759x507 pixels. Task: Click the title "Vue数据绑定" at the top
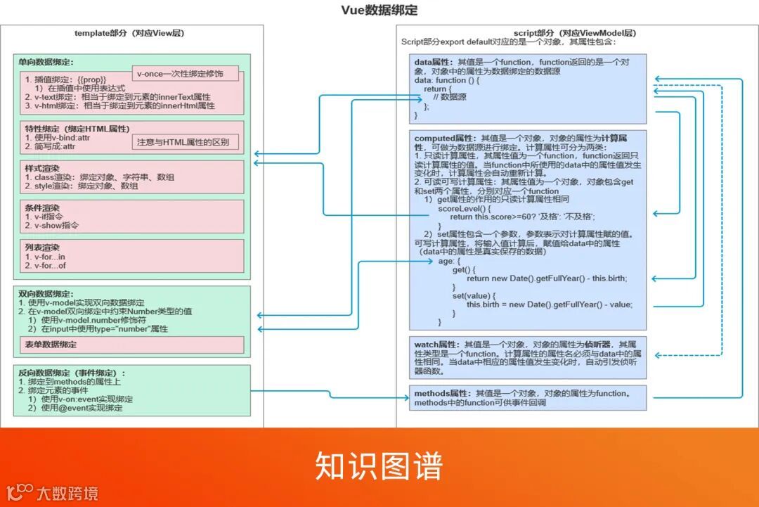click(x=379, y=10)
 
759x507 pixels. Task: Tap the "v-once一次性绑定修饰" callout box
click(x=186, y=74)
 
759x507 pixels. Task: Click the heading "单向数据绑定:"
click(x=46, y=63)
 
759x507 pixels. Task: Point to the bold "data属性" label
click(x=434, y=63)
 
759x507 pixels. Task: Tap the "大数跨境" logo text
click(x=67, y=493)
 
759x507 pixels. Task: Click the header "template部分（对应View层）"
click(x=129, y=33)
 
